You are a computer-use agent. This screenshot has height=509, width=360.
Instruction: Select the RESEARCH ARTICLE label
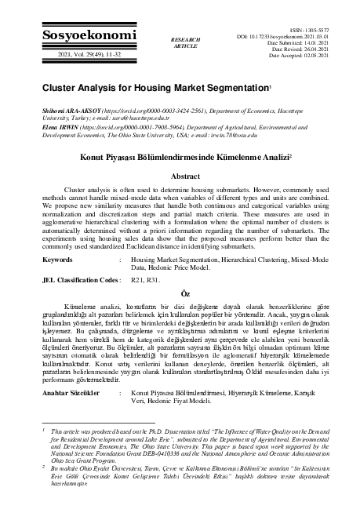[185, 42]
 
